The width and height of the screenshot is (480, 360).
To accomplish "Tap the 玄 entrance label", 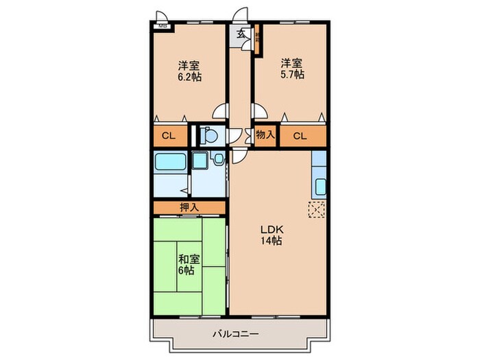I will coord(241,33).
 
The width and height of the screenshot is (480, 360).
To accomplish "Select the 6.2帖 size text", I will coord(190,77).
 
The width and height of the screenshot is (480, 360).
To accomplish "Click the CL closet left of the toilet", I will coord(169,136).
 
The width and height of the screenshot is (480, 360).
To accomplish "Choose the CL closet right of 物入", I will coord(300,136).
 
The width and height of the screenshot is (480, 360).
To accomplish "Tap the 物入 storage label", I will coord(265,135).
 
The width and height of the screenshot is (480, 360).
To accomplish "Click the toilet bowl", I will coord(211,134).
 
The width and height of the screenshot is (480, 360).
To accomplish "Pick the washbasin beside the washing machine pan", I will coord(218,160).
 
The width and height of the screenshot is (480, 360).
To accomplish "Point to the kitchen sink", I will coord(320,185).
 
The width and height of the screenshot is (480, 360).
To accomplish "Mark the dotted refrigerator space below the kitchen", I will coord(317,211).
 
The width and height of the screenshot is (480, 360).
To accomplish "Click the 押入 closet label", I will coord(190,207).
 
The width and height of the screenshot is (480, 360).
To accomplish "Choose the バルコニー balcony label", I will coord(235,334).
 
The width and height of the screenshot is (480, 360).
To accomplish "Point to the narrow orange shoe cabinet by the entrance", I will coord(257,43).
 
